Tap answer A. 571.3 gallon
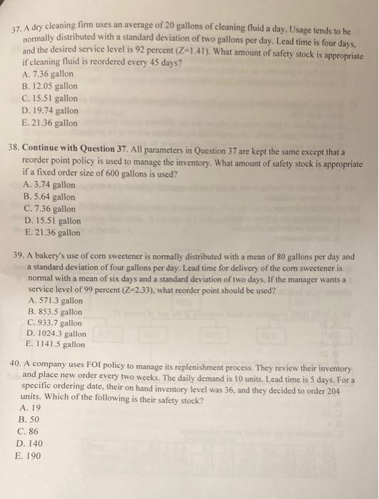55,301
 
